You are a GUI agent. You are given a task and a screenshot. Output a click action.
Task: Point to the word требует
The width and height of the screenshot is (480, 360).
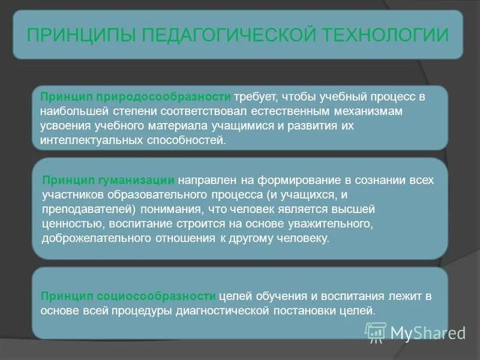pos(254,97)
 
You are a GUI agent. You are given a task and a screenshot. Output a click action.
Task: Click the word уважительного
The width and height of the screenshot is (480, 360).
pos(324,224)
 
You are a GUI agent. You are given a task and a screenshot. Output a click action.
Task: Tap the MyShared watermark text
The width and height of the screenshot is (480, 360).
pos(428,332)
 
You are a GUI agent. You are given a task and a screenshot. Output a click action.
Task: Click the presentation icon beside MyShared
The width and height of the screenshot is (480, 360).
pos(376,331)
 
